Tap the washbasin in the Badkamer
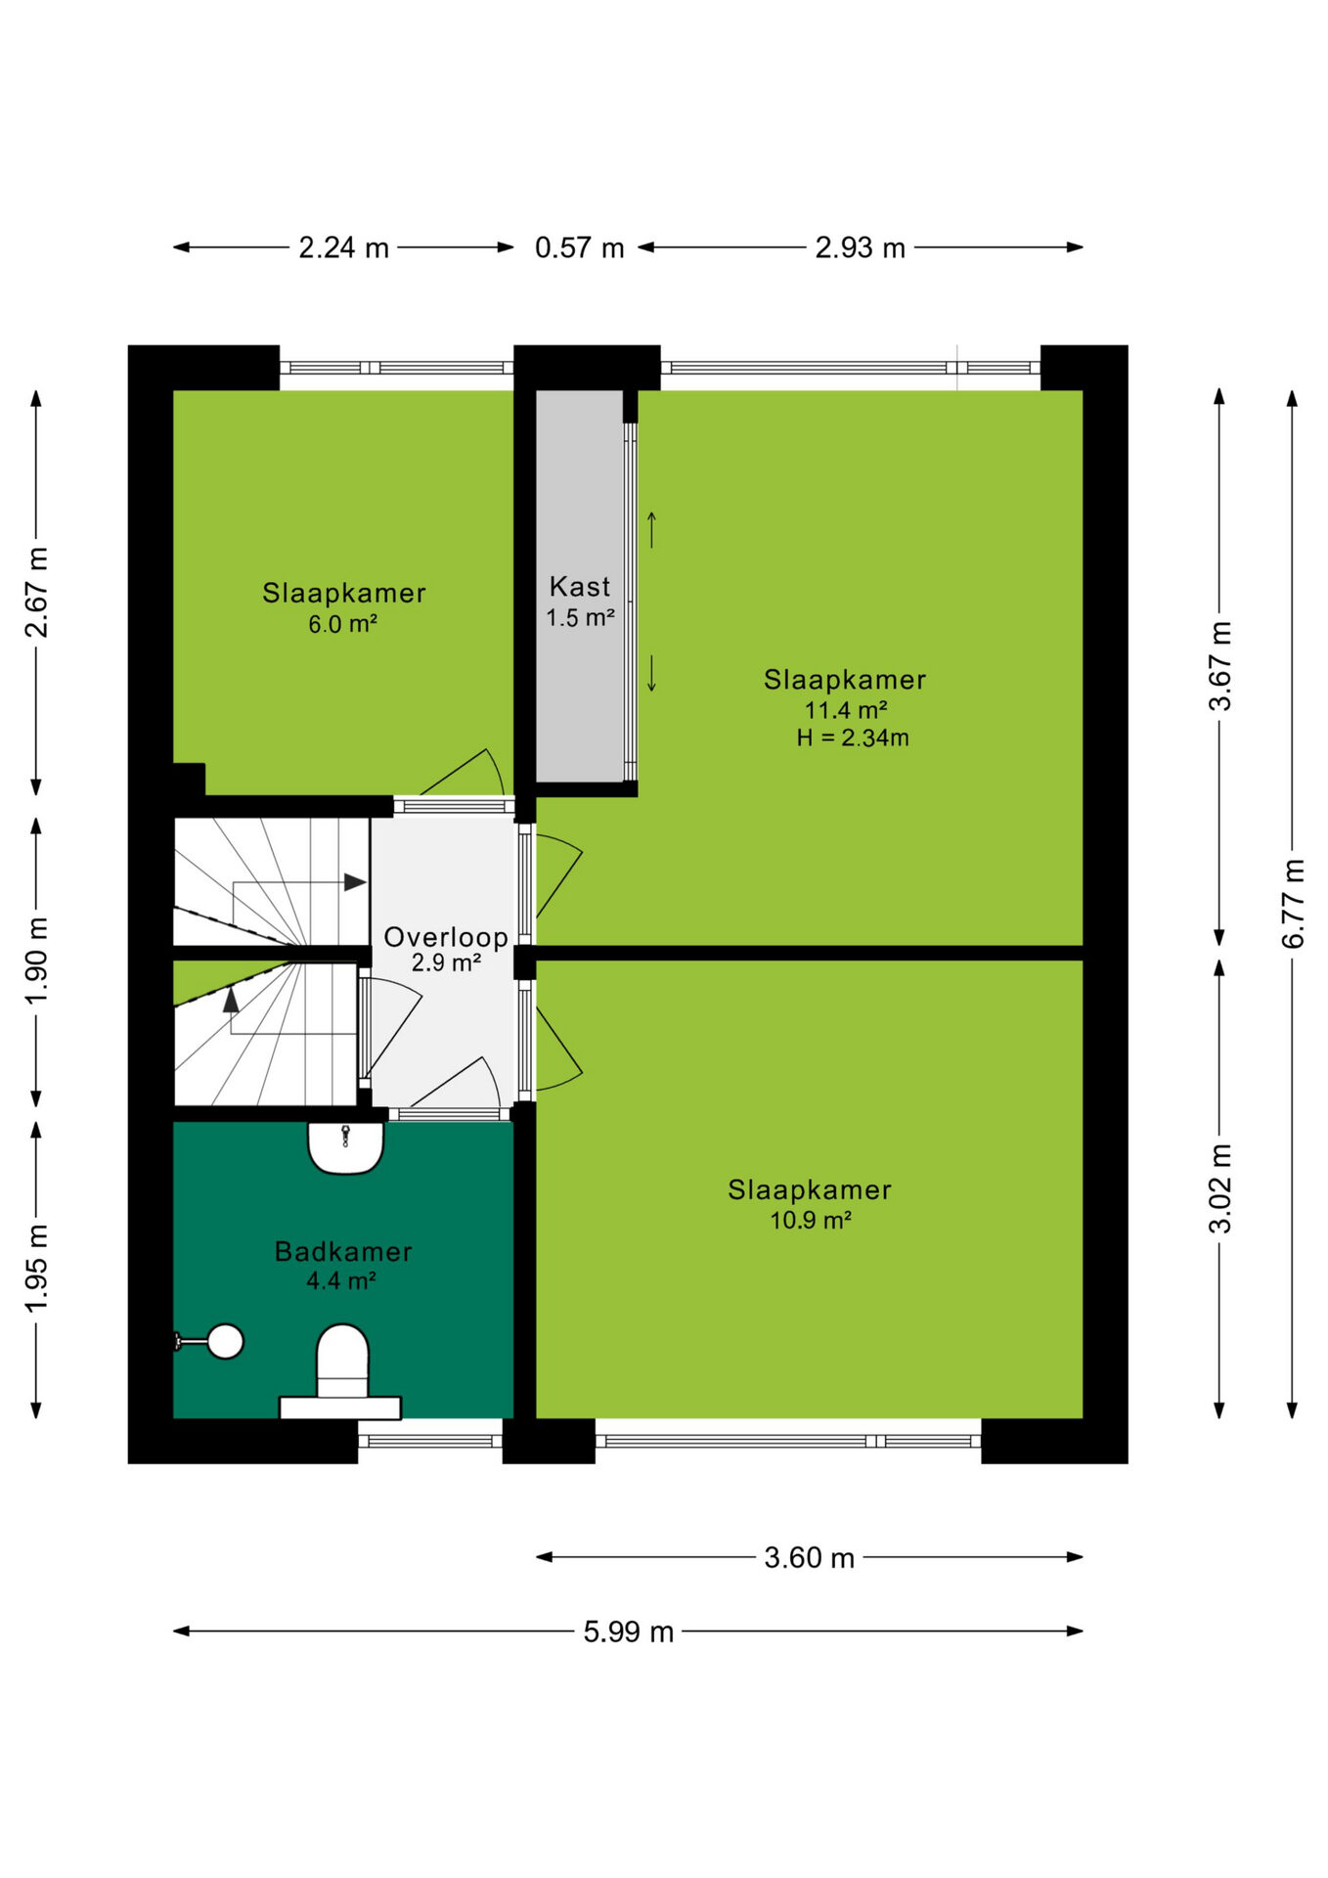345,1147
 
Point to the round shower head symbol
225,1341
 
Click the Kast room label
580,587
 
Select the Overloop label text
446,937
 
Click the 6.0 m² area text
343,624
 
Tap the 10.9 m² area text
811,1220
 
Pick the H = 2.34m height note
853,738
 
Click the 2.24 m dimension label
344,247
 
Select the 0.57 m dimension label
580,247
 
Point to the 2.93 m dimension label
861,247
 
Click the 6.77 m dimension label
1293,903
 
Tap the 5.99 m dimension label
629,1632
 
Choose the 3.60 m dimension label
810,1557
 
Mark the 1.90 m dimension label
36,961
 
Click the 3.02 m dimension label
1219,1188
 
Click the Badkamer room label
343,1251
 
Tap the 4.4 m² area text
341,1280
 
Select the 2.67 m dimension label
36,593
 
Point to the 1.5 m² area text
580,617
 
